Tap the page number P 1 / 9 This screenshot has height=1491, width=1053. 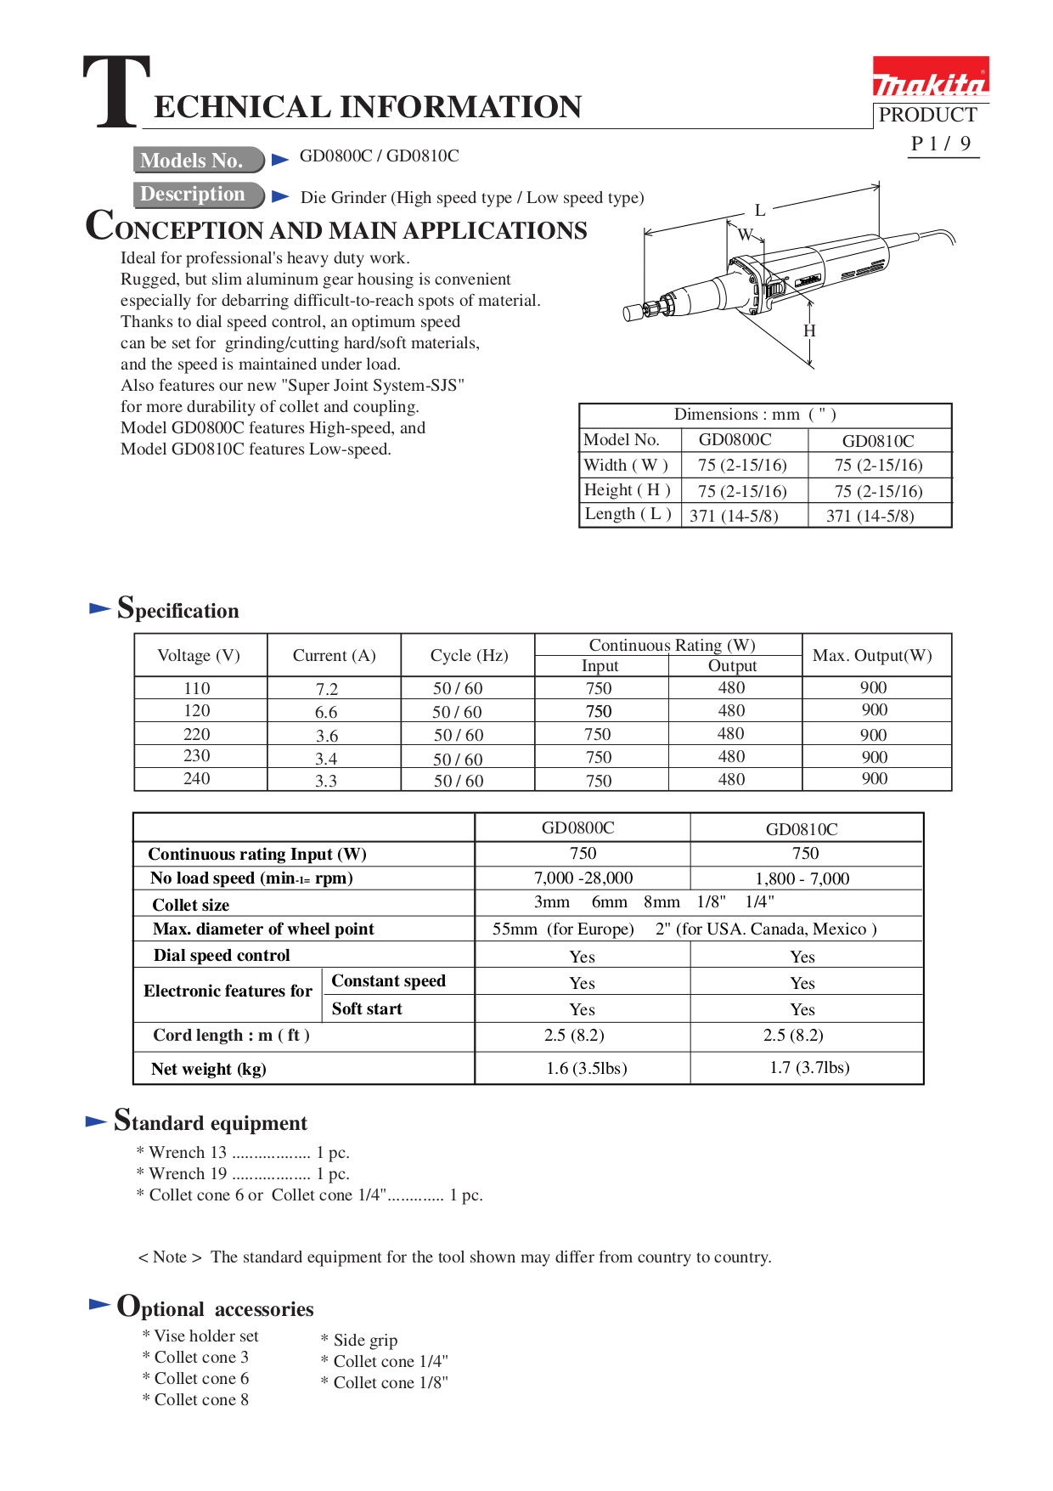click(x=941, y=144)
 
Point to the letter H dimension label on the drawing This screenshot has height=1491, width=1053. click(x=809, y=330)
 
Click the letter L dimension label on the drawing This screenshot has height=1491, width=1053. click(x=760, y=210)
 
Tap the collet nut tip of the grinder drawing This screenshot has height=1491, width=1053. click(x=633, y=313)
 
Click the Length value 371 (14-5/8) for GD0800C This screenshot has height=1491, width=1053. click(x=734, y=516)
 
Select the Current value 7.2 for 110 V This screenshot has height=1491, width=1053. click(x=327, y=689)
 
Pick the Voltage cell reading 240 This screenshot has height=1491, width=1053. click(x=197, y=778)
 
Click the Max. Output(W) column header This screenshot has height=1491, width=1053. click(x=872, y=655)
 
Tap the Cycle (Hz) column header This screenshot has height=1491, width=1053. click(x=469, y=655)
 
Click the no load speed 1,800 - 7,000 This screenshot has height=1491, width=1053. click(x=802, y=878)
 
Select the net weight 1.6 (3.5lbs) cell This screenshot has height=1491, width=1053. click(x=586, y=1068)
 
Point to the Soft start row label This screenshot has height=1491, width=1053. click(x=367, y=1008)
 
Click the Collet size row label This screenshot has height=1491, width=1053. click(x=191, y=905)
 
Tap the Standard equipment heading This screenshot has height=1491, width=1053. click(x=211, y=1122)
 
